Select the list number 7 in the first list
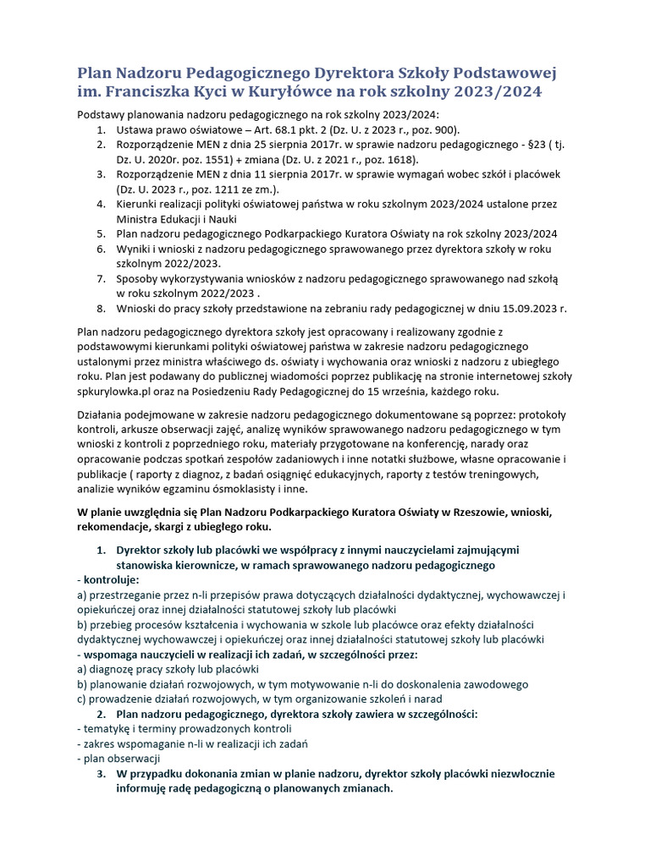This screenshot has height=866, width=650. [100, 278]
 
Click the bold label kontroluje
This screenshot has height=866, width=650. [110, 580]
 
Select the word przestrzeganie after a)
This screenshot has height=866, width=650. [128, 595]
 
